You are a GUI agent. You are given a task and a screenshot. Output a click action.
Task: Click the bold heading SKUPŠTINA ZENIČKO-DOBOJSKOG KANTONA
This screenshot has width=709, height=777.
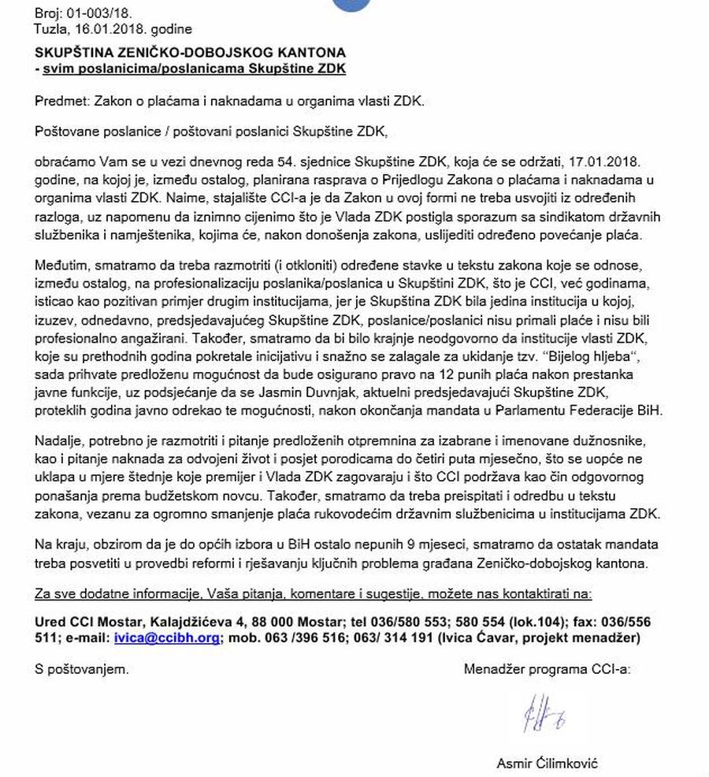pos(190,52)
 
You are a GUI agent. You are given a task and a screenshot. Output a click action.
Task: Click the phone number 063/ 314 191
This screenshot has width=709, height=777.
pos(397,638)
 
